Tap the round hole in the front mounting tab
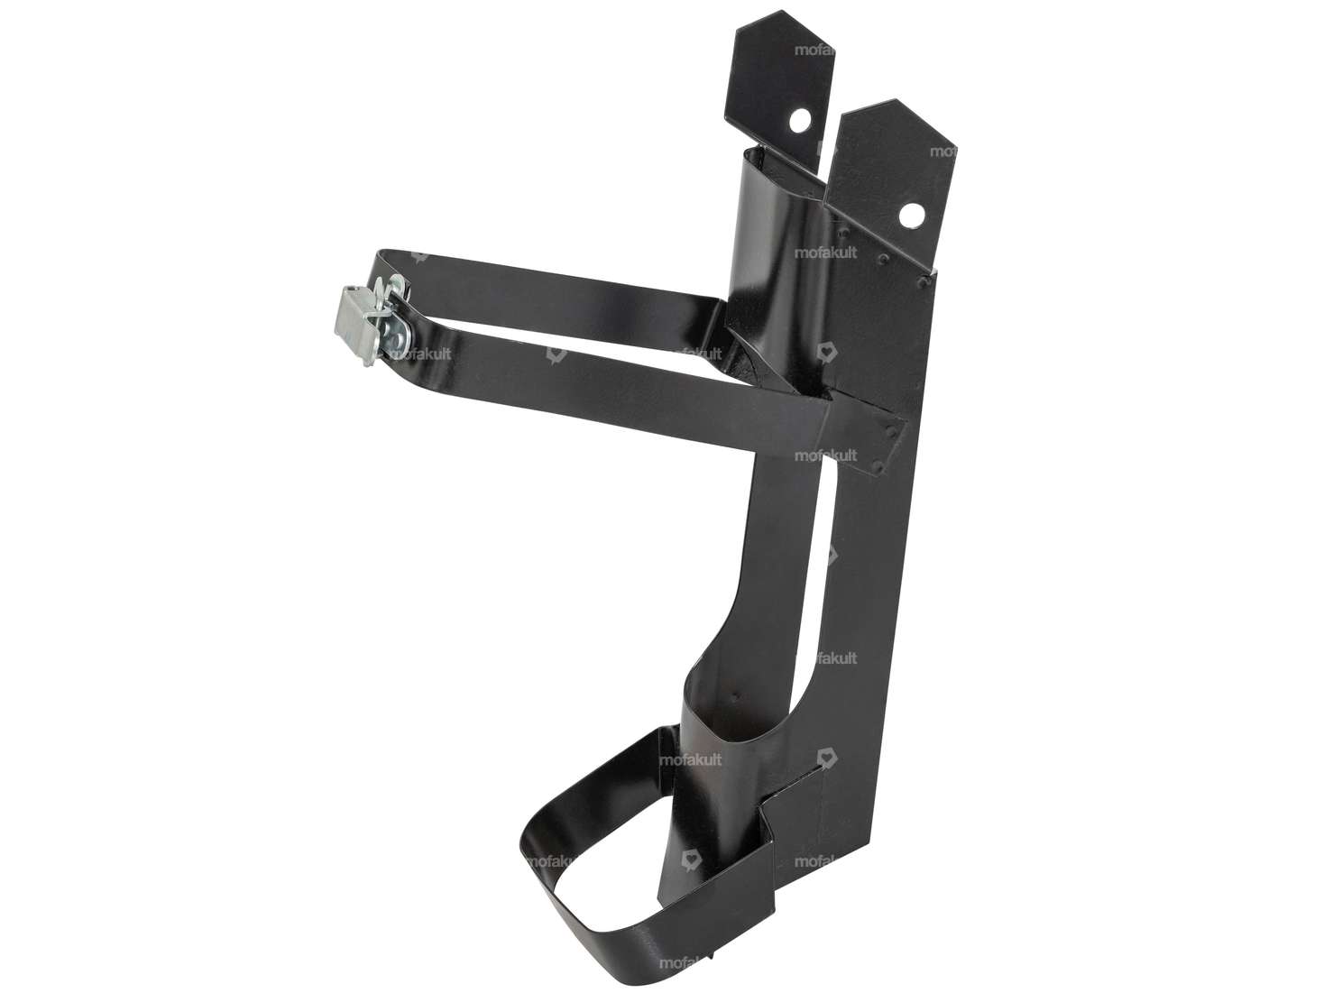point(913,212)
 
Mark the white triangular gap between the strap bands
point(559,329)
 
